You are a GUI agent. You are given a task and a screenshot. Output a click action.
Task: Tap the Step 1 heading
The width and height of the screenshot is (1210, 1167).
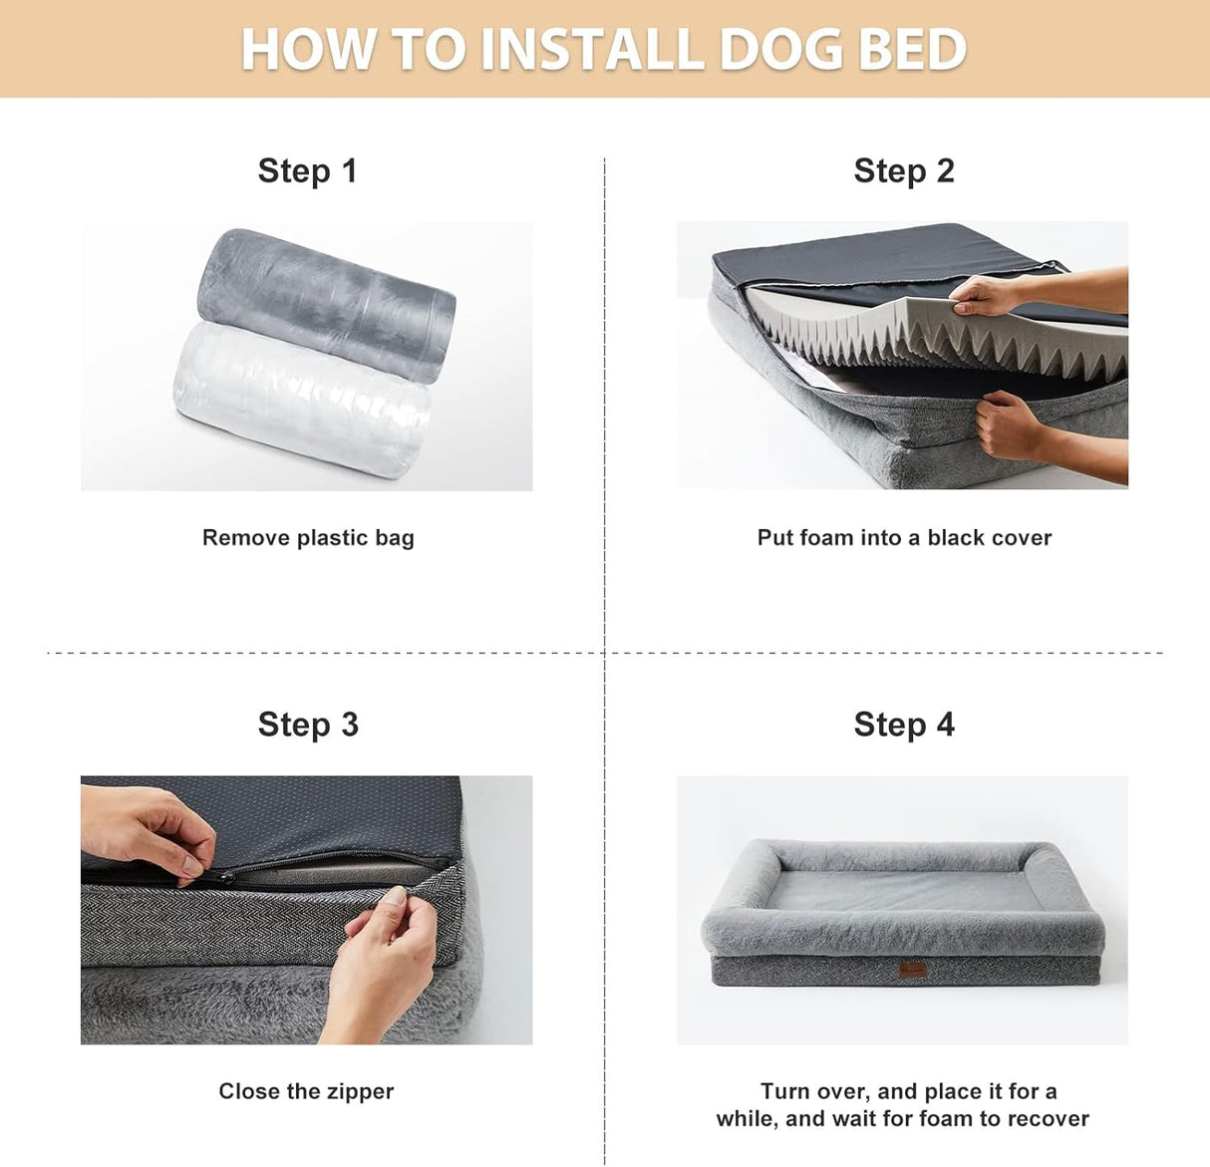click(307, 170)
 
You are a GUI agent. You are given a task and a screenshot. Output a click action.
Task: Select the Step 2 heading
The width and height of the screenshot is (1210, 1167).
click(903, 170)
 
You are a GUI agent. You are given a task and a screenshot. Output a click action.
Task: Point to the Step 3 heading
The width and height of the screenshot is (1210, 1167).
click(307, 725)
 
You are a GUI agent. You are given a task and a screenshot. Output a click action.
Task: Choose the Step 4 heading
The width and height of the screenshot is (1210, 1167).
click(903, 725)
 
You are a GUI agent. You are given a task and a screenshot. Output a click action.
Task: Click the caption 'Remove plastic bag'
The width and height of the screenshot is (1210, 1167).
click(308, 538)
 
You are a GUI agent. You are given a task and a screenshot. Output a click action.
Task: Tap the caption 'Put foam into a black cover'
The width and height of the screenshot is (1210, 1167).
click(904, 538)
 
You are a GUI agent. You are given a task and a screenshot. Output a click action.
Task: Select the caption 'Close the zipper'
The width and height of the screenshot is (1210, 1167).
click(306, 1091)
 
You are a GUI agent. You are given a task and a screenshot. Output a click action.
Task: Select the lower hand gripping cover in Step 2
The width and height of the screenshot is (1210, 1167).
click(1009, 425)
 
